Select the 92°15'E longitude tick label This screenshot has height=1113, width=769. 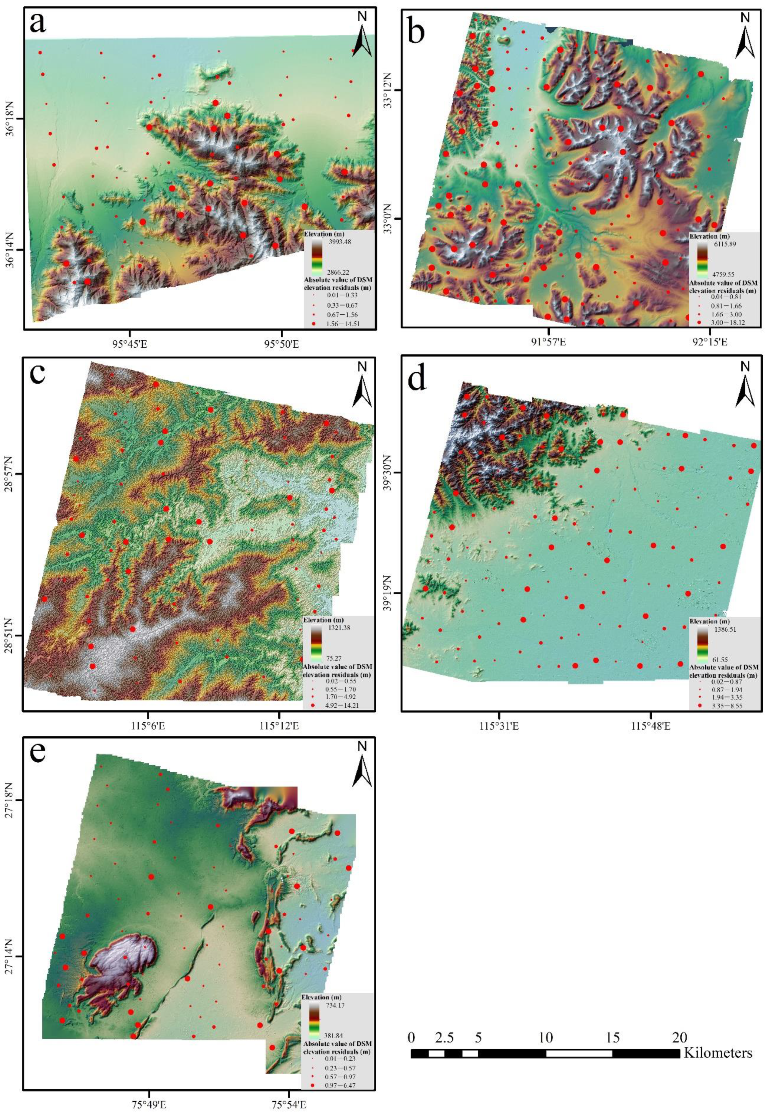tap(710, 343)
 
